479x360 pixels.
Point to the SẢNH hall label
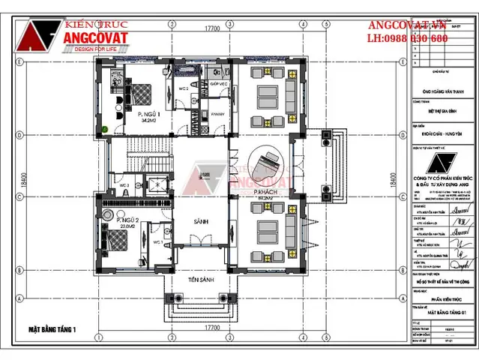(x=199, y=222)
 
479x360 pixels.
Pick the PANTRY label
(x=217, y=114)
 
